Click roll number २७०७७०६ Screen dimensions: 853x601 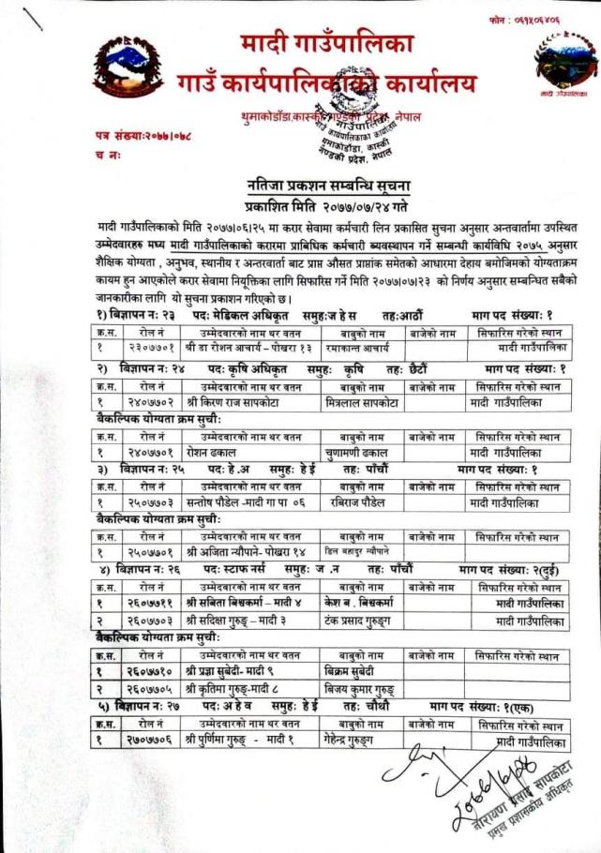click(150, 741)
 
